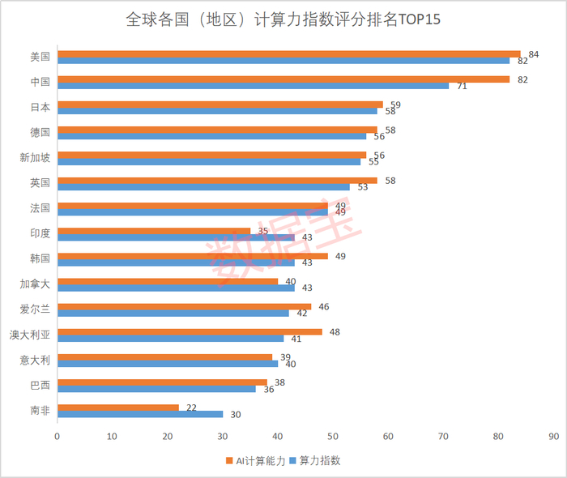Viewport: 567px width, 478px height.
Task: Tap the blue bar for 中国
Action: point(253,86)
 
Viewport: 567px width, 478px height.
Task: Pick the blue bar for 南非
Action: point(140,414)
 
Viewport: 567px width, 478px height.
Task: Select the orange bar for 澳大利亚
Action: point(190,331)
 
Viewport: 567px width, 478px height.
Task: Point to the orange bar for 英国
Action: point(217,180)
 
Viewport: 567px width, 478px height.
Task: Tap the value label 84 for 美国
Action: point(534,53)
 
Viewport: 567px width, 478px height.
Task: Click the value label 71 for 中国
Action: point(462,86)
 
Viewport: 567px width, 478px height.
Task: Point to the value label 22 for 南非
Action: point(192,407)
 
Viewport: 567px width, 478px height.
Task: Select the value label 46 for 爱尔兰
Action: point(324,307)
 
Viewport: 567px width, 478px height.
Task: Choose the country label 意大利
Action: point(35,360)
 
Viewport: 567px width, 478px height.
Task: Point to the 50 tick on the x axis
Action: point(333,436)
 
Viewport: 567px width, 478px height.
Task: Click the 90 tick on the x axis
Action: point(554,436)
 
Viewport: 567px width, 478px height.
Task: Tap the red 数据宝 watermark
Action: point(283,235)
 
